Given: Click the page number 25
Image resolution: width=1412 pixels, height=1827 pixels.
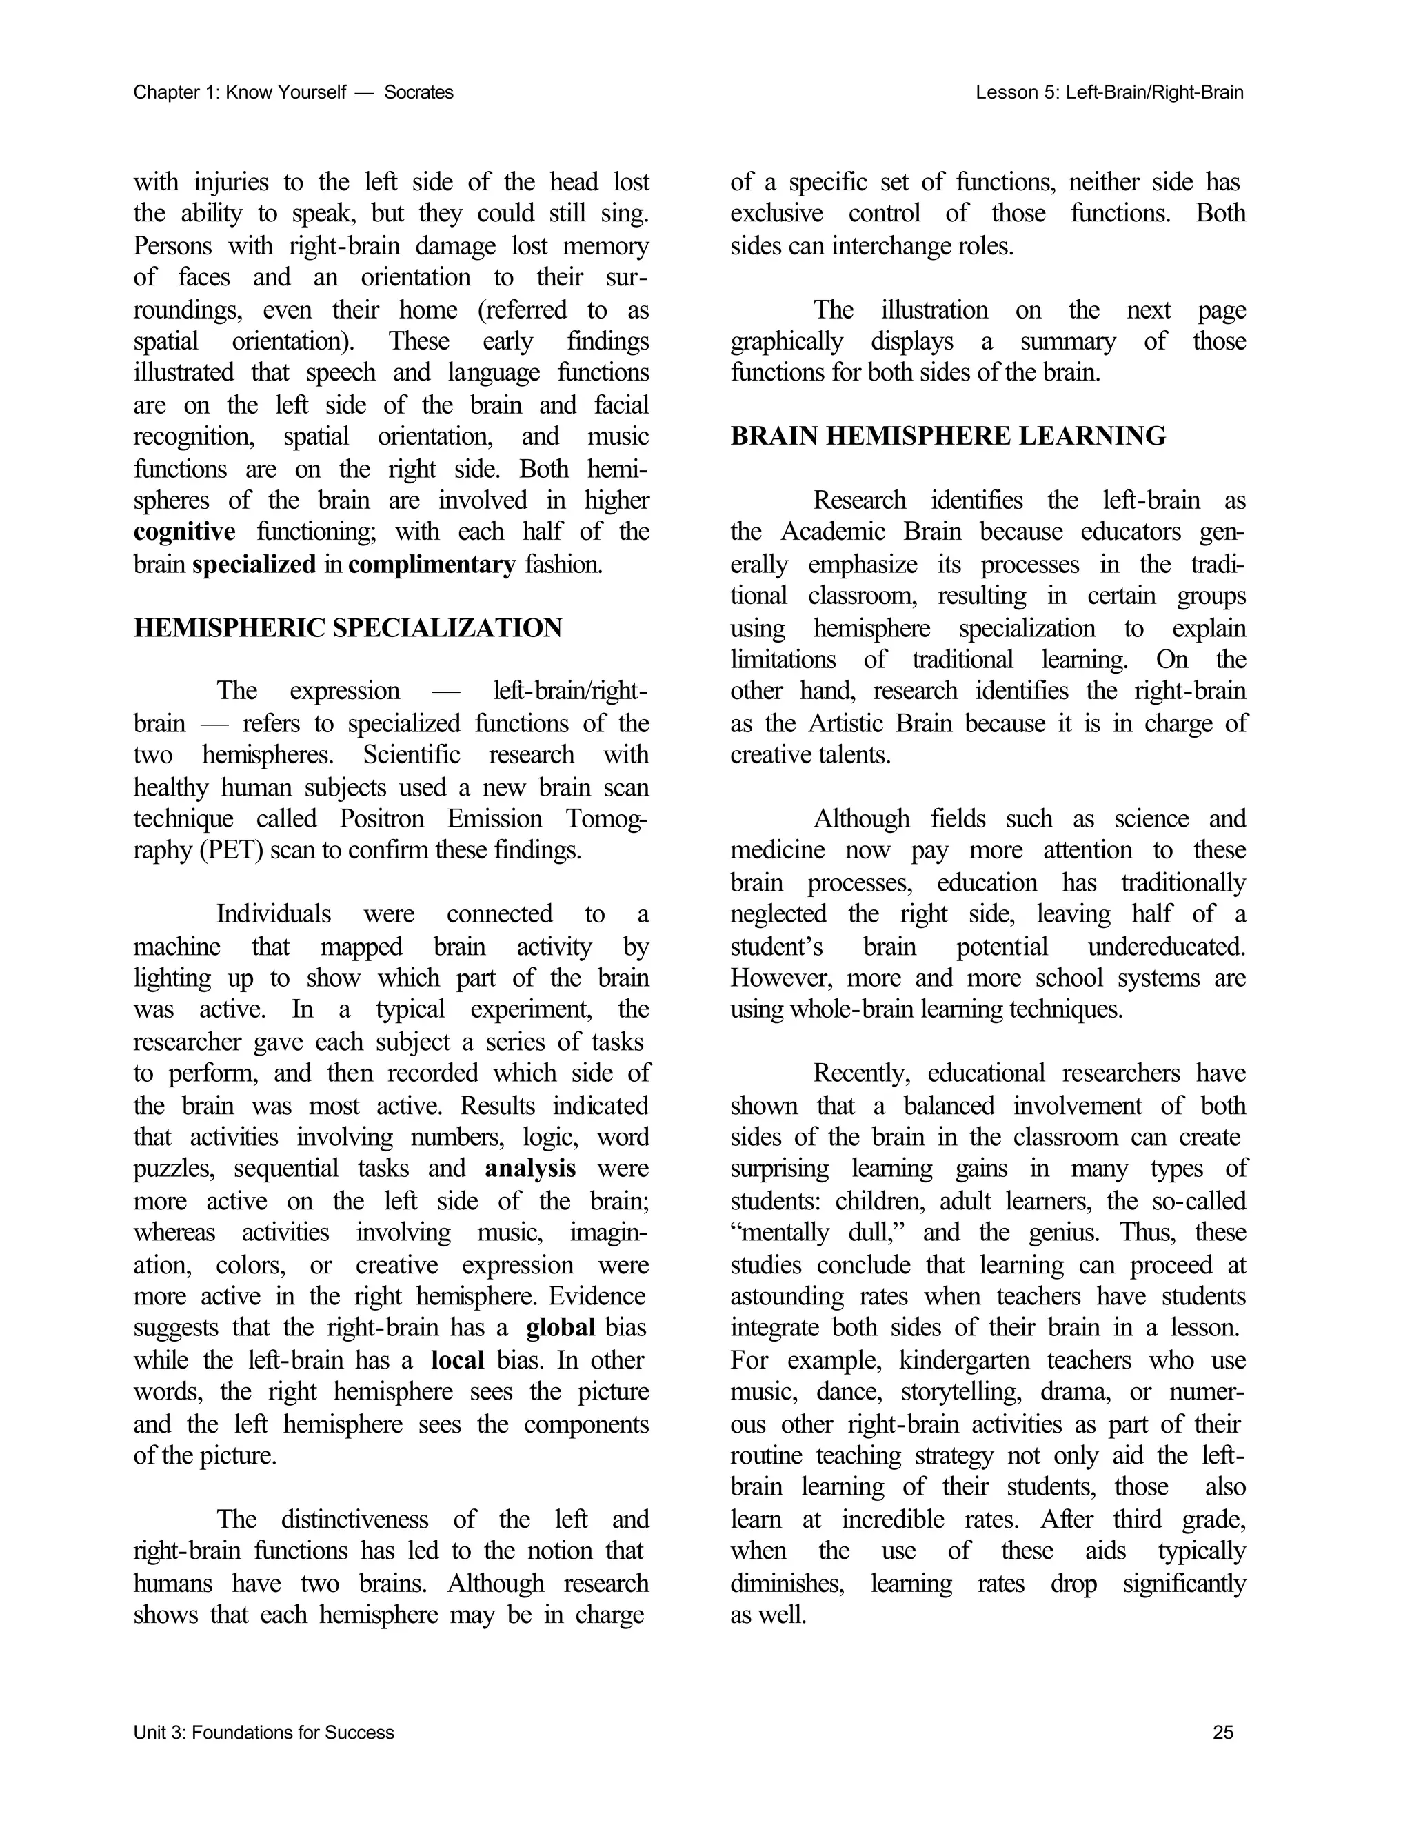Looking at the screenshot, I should pos(1222,1733).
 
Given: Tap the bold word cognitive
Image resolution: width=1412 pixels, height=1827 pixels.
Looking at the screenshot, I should pos(184,532).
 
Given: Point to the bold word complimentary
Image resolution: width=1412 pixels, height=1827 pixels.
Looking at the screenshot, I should pos(432,565).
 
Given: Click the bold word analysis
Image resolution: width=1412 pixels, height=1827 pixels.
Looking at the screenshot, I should pos(530,1169).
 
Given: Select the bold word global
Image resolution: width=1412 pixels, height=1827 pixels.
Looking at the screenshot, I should pos(561,1328).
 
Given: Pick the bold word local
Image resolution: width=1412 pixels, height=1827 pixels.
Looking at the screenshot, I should pos(458,1360).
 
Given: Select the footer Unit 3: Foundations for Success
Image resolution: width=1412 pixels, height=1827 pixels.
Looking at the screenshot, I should pos(263,1733).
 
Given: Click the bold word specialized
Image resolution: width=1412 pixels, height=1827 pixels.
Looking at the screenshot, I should pos(254,565).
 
